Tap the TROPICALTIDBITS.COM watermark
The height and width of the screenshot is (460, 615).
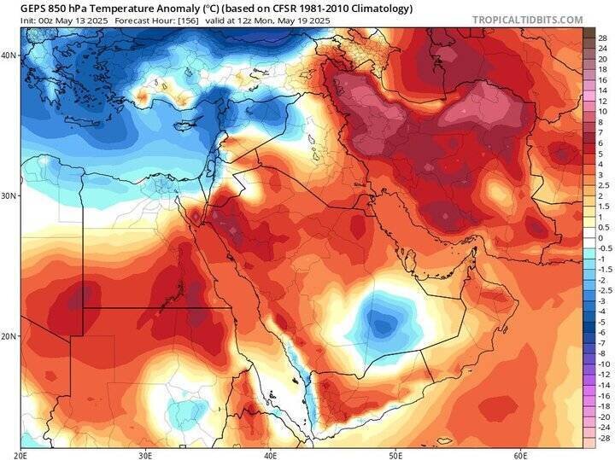(x=527, y=20)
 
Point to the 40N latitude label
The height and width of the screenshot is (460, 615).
(x=9, y=55)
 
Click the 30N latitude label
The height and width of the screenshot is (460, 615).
(x=9, y=195)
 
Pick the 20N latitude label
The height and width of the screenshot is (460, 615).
(x=9, y=336)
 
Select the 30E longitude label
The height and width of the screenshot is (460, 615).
(x=148, y=454)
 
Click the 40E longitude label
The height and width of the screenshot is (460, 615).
(x=271, y=454)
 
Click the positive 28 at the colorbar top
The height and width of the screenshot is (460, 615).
(x=602, y=38)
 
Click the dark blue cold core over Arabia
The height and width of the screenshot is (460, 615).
(x=381, y=323)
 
